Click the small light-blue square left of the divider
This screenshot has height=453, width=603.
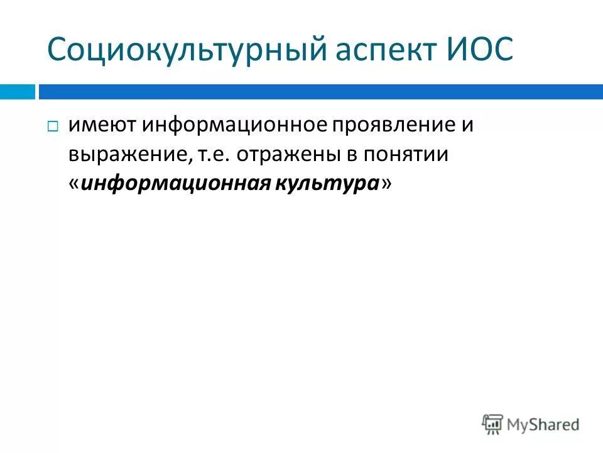pyautogui.click(x=17, y=92)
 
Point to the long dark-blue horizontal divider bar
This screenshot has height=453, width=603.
pyautogui.click(x=320, y=92)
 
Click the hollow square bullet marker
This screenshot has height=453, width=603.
pyautogui.click(x=53, y=127)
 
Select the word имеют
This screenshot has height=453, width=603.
pyautogui.click(x=102, y=125)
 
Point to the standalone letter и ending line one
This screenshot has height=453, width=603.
pyautogui.click(x=467, y=125)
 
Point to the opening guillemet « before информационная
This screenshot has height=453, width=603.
pyautogui.click(x=74, y=183)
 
